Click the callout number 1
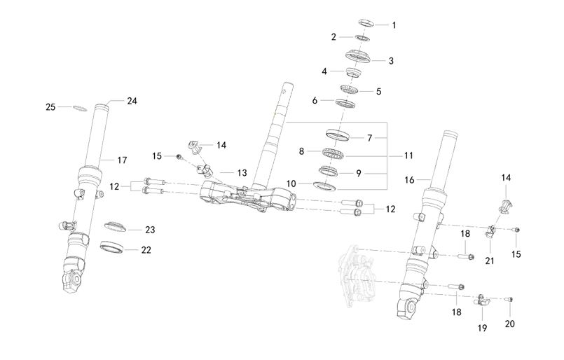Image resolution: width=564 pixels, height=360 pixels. pyautogui.click(x=394, y=25)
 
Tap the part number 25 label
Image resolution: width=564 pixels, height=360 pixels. pyautogui.click(x=50, y=107)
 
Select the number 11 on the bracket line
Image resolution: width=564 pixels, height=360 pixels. pyautogui.click(x=408, y=155)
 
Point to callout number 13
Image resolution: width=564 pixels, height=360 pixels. pyautogui.click(x=242, y=172)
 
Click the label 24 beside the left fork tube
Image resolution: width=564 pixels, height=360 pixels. pyautogui.click(x=132, y=101)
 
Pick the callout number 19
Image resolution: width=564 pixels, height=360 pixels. pyautogui.click(x=482, y=327)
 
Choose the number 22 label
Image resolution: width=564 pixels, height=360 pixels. pyautogui.click(x=146, y=249)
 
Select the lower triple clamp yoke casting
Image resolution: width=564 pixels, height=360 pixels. pyautogui.click(x=245, y=196)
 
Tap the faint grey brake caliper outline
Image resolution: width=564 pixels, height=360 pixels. pyautogui.click(x=362, y=277)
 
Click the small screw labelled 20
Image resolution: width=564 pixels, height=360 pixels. pyautogui.click(x=509, y=300)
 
